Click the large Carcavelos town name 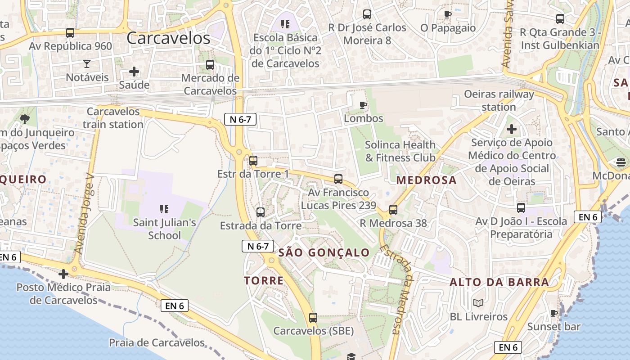coord(168,38)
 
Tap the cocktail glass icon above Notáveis coord(87,63)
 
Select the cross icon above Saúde coord(134,72)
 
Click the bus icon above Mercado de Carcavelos coord(210,65)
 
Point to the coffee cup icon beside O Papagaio coord(447,14)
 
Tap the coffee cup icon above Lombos coord(363,105)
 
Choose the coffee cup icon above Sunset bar coord(554,313)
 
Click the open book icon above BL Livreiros coord(478,303)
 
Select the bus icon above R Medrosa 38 coord(393,210)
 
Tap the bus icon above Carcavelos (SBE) coord(313,318)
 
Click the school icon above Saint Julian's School coord(164,209)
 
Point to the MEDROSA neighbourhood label coord(426,180)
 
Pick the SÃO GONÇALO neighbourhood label coord(324,252)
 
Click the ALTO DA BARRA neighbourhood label coord(499,283)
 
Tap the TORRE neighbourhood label coord(264,281)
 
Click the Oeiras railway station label coord(499,101)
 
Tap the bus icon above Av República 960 coord(70,33)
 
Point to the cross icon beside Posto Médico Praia coord(63,274)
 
